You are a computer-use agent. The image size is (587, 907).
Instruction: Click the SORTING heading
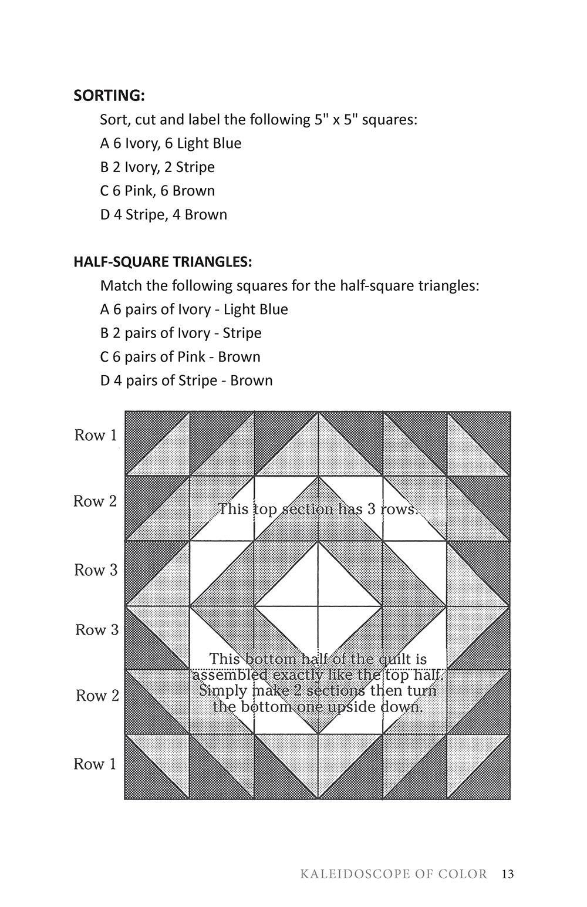(x=109, y=95)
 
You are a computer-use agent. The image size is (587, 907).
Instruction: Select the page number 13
(x=508, y=874)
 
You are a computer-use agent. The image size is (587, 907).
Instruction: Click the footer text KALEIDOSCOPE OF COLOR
(x=393, y=874)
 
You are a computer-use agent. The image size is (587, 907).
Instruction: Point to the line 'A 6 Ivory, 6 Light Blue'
(x=170, y=143)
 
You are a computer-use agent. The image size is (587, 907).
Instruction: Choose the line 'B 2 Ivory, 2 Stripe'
(x=157, y=167)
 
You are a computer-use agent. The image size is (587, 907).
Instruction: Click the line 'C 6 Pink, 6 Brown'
(x=157, y=191)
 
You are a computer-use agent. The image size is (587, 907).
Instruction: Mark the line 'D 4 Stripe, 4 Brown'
(x=163, y=214)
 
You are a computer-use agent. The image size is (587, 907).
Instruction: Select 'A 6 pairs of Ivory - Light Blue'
(x=194, y=309)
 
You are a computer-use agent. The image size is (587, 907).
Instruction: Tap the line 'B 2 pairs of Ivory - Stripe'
(x=181, y=333)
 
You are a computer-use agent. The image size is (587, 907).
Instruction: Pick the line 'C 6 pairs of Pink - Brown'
(x=180, y=357)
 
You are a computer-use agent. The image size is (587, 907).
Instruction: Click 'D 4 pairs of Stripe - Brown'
(x=186, y=380)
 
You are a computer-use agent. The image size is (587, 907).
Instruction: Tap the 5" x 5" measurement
(x=336, y=120)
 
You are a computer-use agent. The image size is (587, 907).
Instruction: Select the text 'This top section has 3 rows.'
(x=317, y=508)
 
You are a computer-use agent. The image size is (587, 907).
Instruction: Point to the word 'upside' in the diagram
(x=350, y=706)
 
